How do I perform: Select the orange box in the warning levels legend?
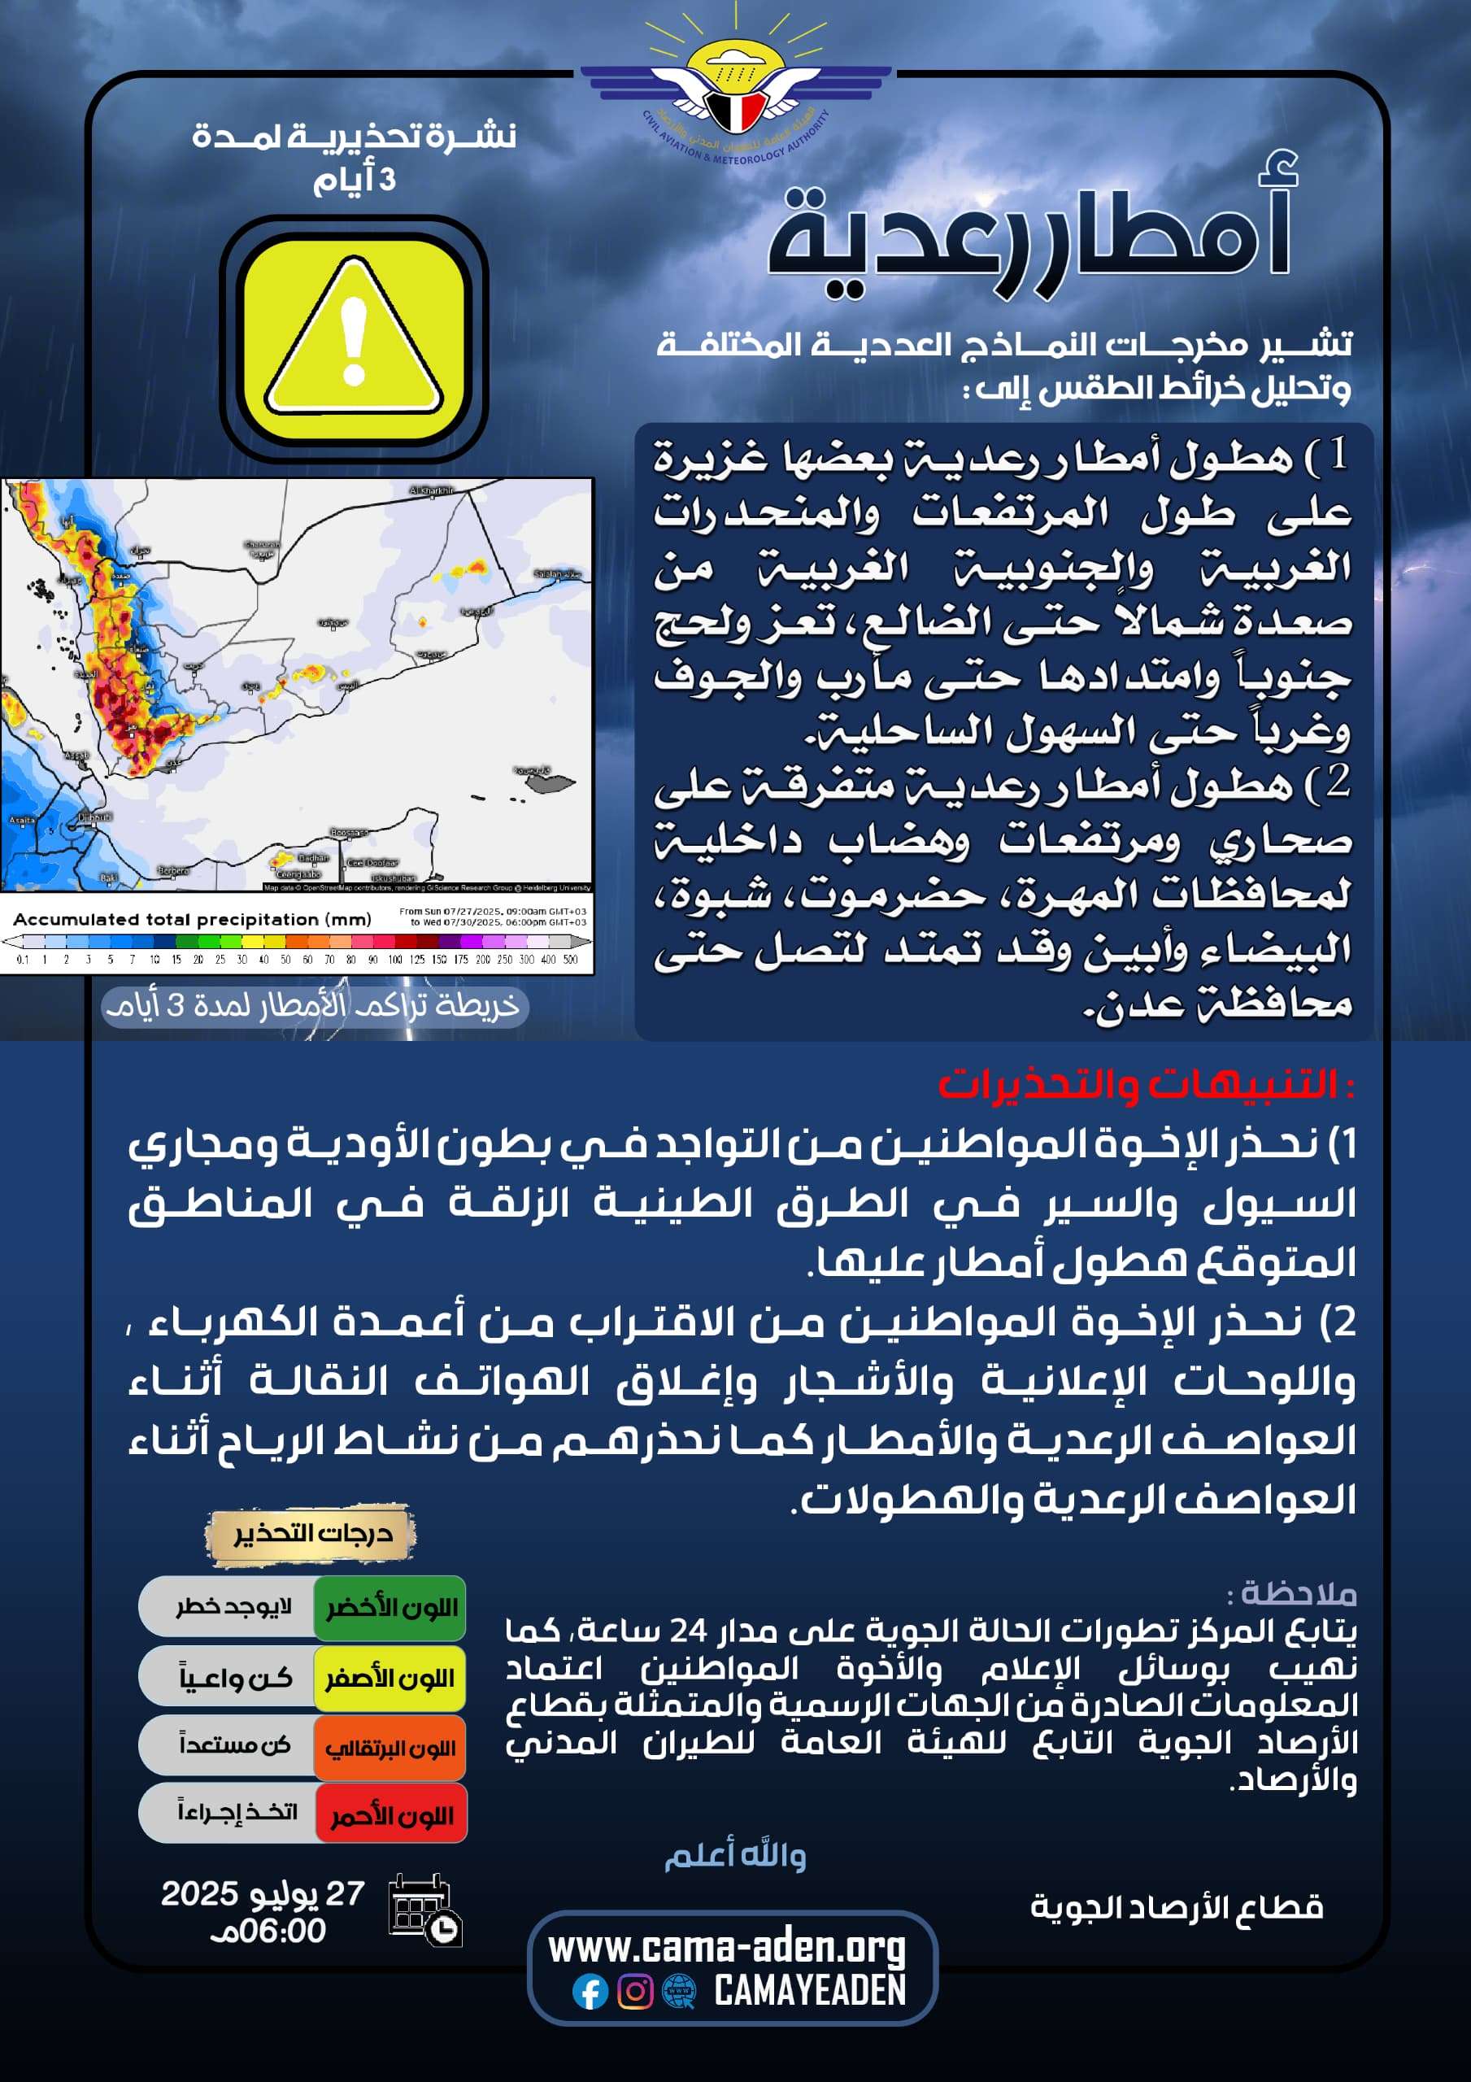[391, 1748]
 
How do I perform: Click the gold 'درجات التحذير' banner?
[311, 1533]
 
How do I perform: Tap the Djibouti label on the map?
[94, 817]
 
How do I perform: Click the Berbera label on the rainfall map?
[173, 870]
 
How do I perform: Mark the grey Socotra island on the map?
[548, 782]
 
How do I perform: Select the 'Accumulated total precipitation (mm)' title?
[192, 920]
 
